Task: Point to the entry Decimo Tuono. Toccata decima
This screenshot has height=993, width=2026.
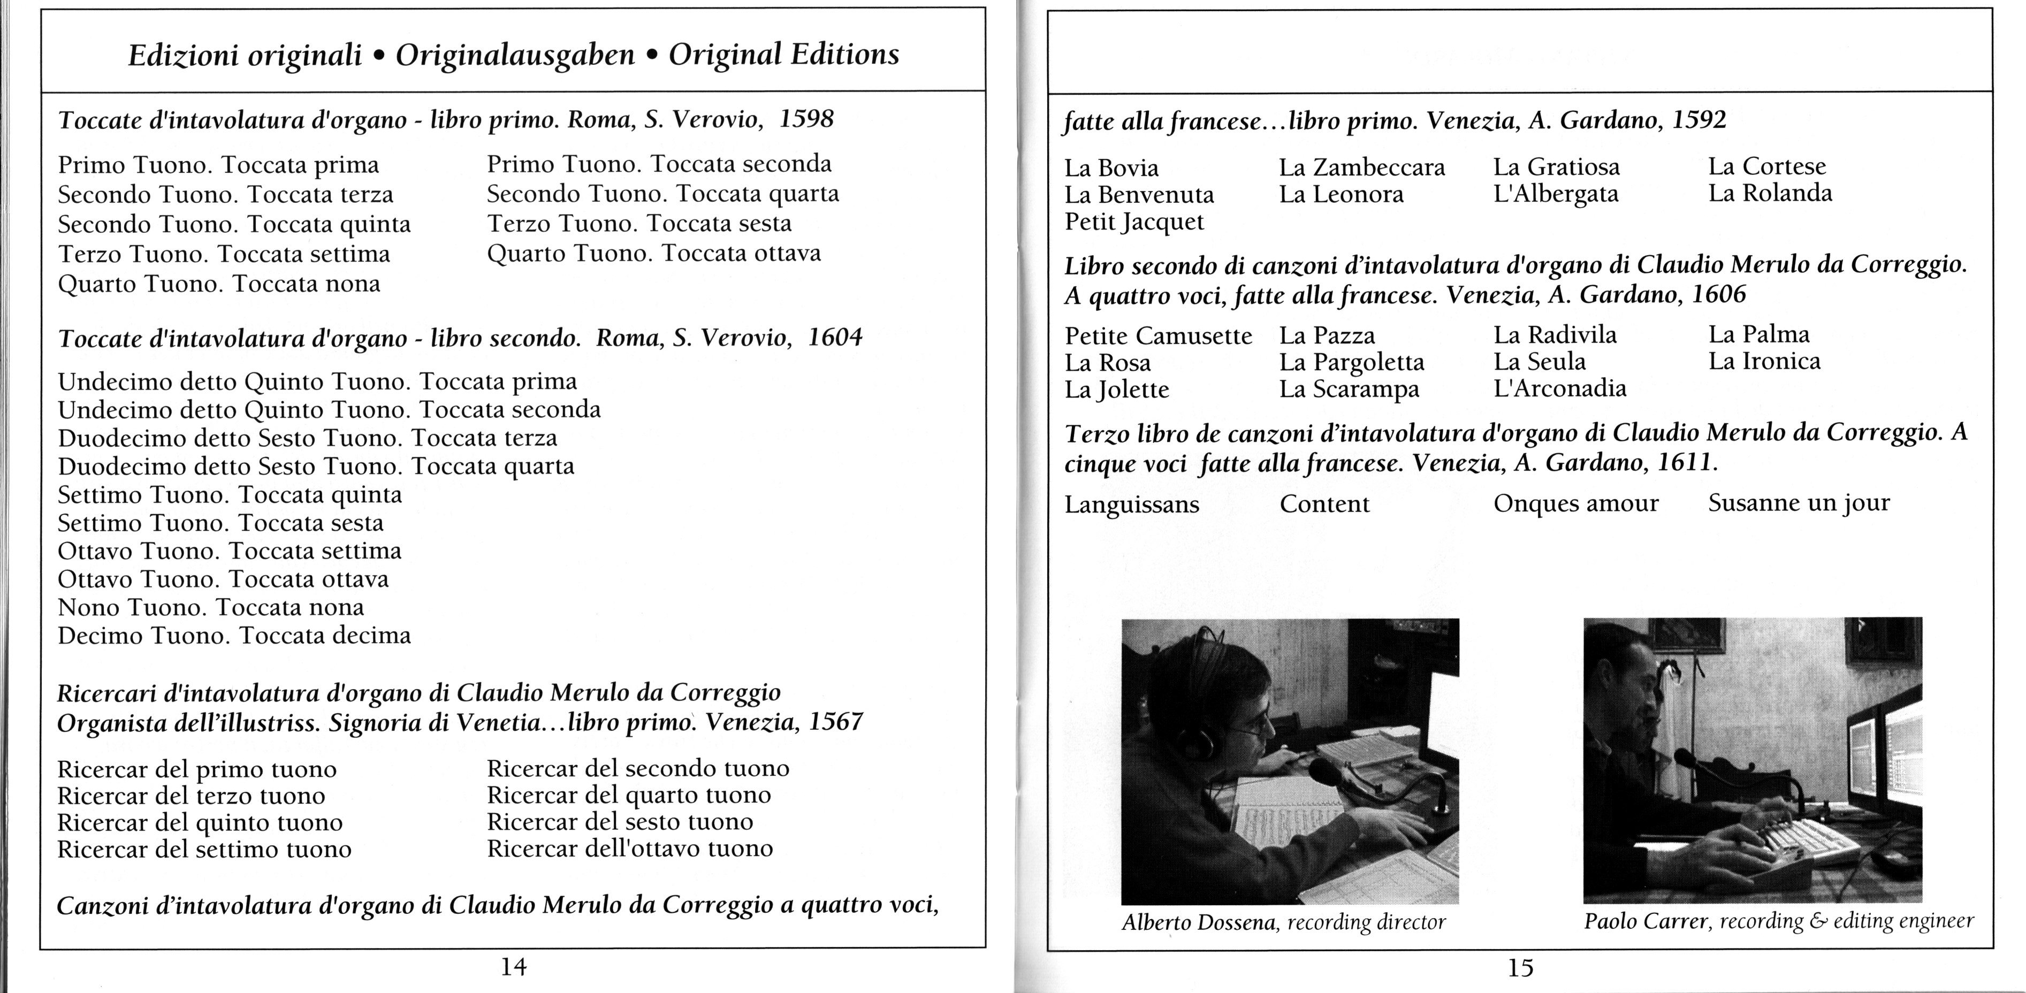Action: (x=234, y=635)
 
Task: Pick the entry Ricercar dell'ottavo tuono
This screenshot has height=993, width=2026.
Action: (x=630, y=849)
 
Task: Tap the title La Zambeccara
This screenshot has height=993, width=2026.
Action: (x=1361, y=167)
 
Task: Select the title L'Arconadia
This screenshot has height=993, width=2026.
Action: (x=1559, y=388)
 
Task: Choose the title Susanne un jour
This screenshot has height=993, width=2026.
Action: (x=1799, y=503)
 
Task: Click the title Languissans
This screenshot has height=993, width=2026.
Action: (x=1132, y=505)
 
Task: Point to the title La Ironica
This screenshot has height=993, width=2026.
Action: (x=1764, y=362)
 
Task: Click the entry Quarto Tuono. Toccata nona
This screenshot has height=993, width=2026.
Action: (x=219, y=284)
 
